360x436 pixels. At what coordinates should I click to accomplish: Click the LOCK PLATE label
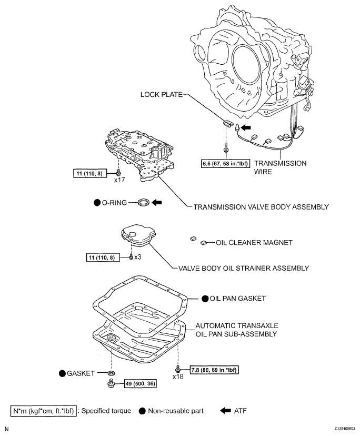click(161, 94)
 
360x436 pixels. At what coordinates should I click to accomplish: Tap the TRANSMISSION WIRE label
click(279, 167)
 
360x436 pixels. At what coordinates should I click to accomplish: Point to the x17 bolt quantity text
click(119, 180)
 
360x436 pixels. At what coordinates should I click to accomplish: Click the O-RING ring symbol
click(143, 202)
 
